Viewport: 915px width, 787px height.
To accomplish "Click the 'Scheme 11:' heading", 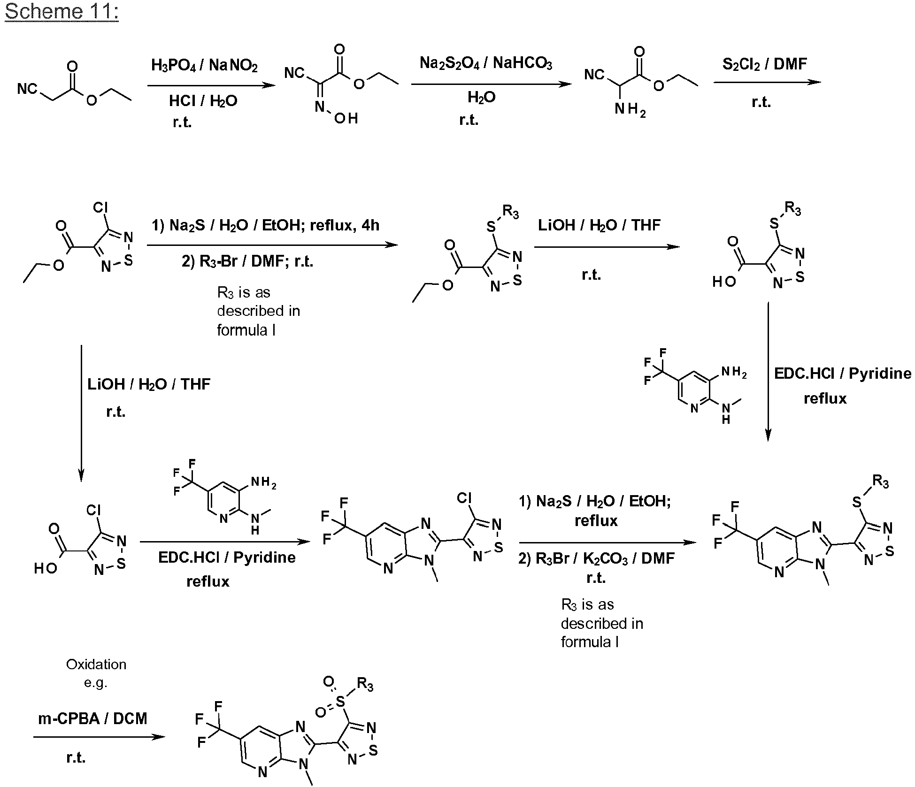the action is (62, 11).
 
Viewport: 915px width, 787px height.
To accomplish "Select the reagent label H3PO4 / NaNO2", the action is (204, 65).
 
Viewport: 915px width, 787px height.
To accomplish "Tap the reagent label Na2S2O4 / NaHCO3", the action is (486, 63).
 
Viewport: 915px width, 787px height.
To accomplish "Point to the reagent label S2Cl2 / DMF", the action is (764, 63).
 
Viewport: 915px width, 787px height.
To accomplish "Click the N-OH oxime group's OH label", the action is (346, 118).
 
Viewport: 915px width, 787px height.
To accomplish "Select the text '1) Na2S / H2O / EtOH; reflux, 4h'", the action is (265, 226).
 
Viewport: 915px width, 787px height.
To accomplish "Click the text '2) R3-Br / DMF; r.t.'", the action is (247, 261).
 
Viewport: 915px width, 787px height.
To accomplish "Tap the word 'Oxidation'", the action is (96, 664).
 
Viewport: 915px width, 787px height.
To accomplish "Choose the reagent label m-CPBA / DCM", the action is (92, 718).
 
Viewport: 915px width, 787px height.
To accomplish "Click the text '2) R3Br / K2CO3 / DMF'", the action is (596, 558).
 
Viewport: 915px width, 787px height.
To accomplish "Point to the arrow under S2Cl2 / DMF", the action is (767, 82).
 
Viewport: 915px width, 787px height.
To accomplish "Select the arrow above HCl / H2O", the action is (211, 85).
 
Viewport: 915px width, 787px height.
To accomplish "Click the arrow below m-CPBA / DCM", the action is (99, 736).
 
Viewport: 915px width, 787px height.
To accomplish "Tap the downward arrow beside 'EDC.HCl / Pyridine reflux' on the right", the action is (768, 372).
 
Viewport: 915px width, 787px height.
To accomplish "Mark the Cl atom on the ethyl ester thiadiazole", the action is (100, 208).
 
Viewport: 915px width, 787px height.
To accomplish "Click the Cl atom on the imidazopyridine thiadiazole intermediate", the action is (464, 497).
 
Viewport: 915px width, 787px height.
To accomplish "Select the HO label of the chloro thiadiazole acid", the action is (46, 568).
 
